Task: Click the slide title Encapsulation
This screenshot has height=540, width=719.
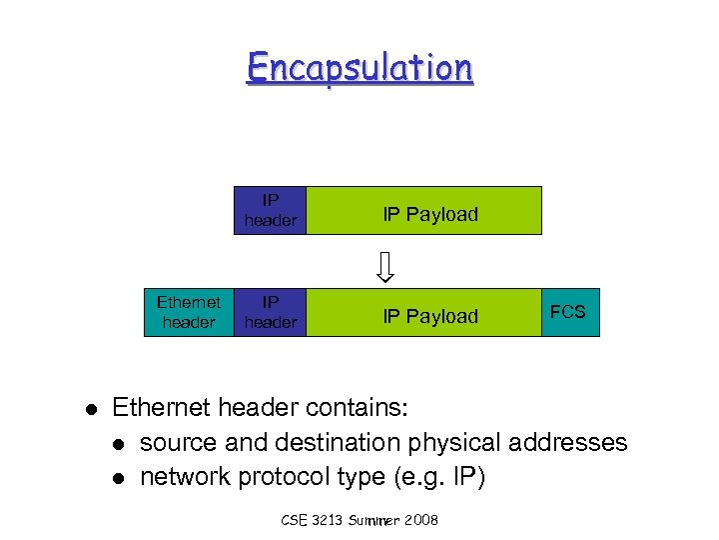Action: (359, 67)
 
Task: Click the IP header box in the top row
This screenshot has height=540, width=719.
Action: (270, 210)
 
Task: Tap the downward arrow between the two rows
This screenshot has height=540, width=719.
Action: (385, 266)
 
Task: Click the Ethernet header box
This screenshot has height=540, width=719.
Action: (188, 312)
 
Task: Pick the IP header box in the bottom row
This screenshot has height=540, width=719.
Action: (270, 312)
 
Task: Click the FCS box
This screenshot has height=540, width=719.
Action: (567, 312)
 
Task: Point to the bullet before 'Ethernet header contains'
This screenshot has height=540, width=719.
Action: (89, 409)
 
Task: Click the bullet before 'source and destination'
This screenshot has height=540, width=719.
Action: (119, 444)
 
